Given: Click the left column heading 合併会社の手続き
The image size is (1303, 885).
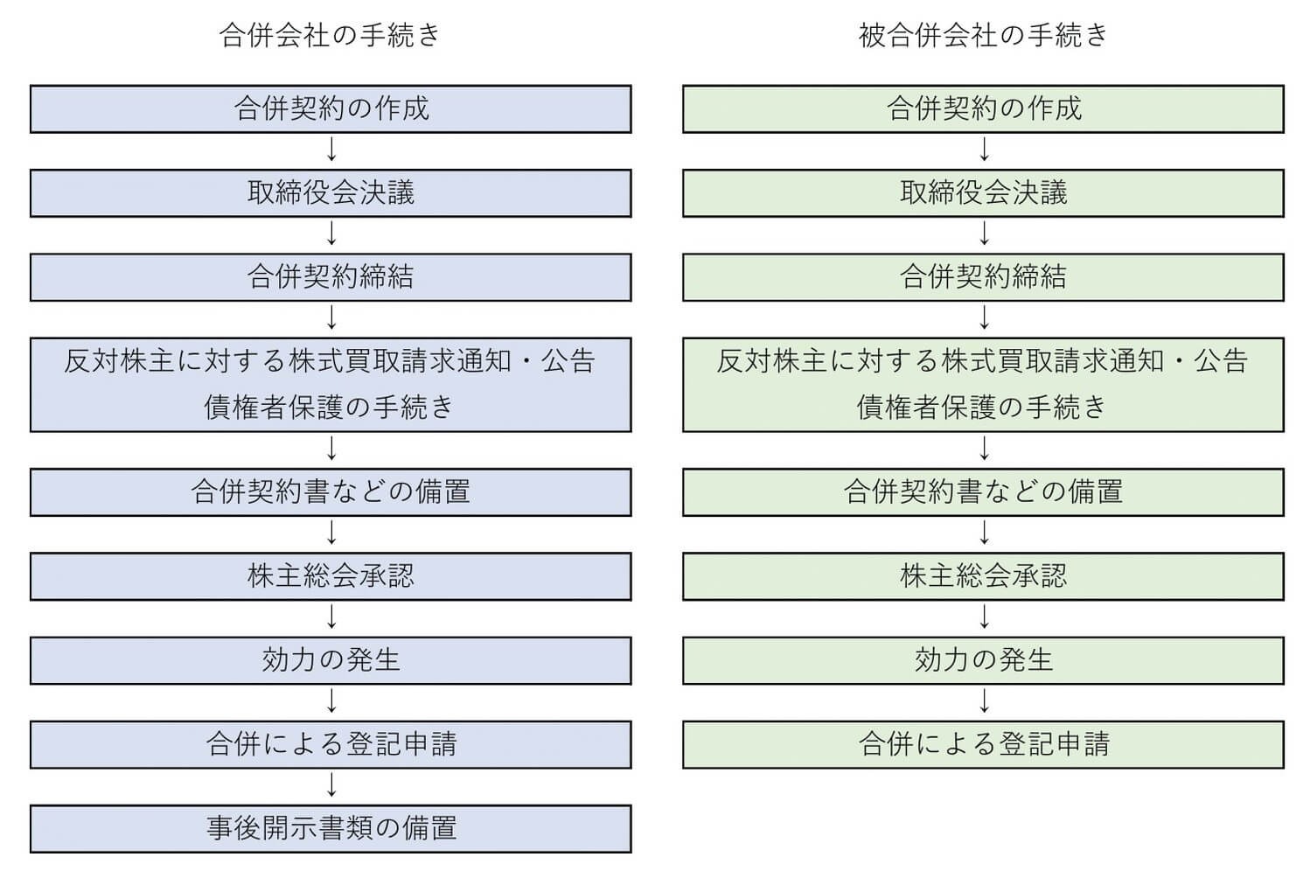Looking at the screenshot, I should [330, 35].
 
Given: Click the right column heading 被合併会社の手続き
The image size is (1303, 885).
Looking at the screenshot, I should [983, 35].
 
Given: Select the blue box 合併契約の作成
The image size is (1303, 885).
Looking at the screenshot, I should [331, 108].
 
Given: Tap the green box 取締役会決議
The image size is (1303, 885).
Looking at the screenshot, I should [983, 192].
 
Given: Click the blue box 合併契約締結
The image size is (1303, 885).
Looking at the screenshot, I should [331, 277].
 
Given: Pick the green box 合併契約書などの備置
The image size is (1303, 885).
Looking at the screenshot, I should [983, 491].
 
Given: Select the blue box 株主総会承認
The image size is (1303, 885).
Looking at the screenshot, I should [331, 575].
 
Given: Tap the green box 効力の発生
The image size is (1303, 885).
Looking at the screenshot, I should [983, 659].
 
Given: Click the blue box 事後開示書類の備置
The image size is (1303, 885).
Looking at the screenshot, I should [331, 828].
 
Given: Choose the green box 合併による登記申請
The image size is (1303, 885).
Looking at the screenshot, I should [983, 744].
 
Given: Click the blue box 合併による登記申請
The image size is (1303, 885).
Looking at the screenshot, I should [331, 744].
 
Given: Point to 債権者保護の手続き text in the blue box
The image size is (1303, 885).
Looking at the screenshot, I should [330, 407].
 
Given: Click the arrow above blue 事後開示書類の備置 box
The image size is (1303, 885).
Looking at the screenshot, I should [331, 786].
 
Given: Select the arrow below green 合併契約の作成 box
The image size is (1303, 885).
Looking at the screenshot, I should [985, 150].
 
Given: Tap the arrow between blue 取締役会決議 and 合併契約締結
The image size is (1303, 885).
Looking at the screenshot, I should [331, 234].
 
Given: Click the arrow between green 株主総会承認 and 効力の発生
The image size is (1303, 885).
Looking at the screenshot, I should [985, 617].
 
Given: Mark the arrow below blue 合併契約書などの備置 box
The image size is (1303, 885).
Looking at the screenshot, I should [331, 533].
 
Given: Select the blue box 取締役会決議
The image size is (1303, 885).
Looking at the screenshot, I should [331, 192].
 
